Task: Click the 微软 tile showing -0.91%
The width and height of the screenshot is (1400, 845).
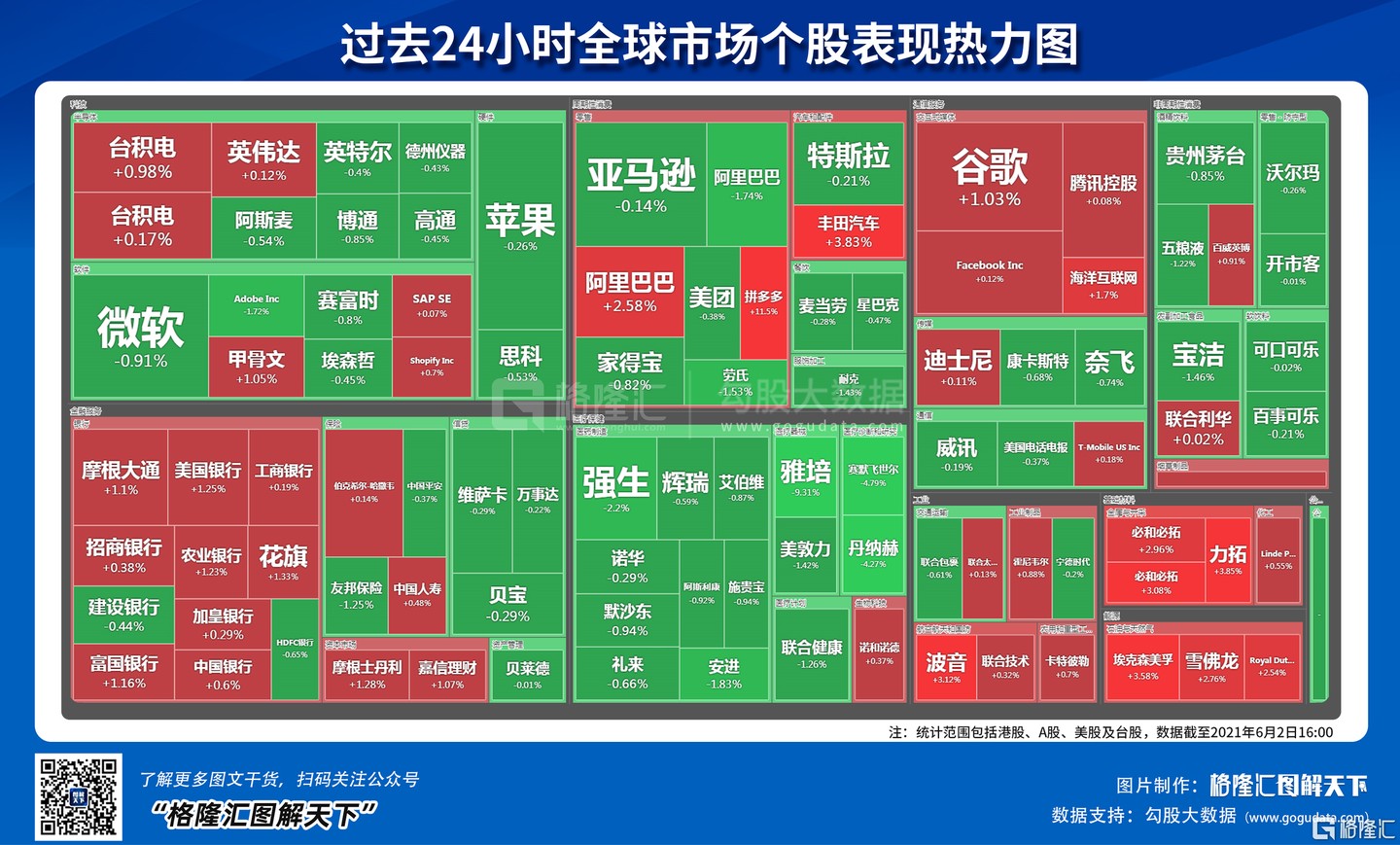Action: click(141, 335)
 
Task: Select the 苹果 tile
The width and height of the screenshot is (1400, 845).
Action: click(520, 229)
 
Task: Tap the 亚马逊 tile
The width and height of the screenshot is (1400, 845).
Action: click(641, 185)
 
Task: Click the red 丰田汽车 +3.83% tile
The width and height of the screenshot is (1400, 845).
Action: click(848, 231)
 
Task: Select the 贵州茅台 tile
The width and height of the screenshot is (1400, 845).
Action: click(1206, 163)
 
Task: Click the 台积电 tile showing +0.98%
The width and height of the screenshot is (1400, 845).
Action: click(142, 158)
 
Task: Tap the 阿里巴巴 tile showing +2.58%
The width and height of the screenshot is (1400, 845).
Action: click(629, 292)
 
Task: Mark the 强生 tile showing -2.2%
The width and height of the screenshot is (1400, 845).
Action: click(615, 488)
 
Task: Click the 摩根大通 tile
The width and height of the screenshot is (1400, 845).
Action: click(121, 477)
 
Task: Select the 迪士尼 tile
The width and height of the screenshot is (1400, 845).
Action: click(958, 368)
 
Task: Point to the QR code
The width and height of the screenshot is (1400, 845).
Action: click(79, 796)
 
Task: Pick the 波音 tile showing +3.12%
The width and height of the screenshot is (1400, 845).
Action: click(946, 668)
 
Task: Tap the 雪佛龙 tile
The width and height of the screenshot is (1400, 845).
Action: click(1211, 667)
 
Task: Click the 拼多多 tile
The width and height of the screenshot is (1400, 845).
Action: click(763, 302)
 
